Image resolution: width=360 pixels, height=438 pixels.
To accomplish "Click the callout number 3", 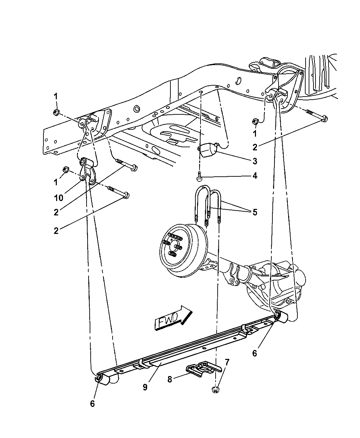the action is [255, 161].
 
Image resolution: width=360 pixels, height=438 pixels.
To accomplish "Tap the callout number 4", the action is [255, 176].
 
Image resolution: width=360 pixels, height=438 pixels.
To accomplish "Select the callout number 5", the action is [255, 212].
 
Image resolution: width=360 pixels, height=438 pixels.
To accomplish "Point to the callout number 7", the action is [227, 362].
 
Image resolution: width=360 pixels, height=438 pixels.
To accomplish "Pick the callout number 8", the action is [170, 379].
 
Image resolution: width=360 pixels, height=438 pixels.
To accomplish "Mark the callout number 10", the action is [59, 198].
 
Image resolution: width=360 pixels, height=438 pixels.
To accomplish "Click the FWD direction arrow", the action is [173, 318].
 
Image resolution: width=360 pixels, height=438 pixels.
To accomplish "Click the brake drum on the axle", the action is [183, 251].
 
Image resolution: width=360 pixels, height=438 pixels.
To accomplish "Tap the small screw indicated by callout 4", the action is [199, 176].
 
